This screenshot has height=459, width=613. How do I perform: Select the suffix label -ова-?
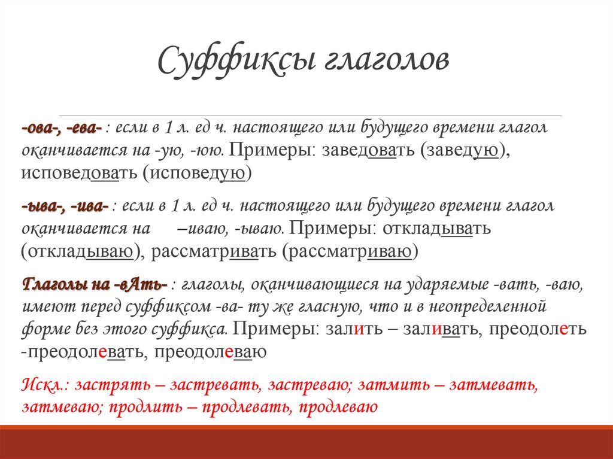tap(42, 127)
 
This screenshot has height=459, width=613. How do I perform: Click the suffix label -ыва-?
tap(43, 206)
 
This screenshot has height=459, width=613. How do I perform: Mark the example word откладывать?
tap(437, 229)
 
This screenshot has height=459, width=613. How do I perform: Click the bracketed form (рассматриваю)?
tap(350, 252)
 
